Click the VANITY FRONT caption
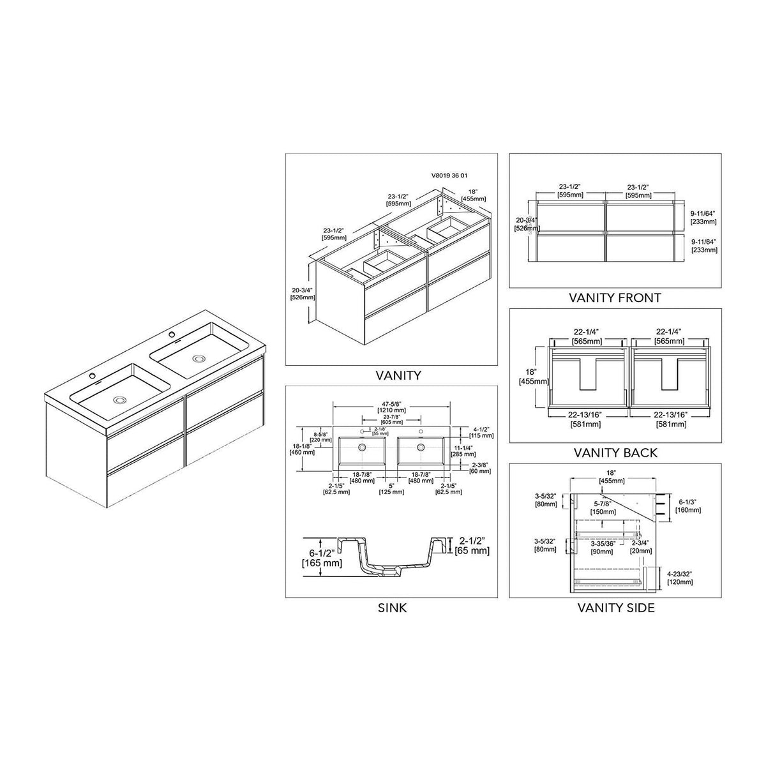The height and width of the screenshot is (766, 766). [x=615, y=297]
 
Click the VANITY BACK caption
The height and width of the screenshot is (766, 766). [x=615, y=453]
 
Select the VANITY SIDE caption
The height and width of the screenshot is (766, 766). [x=616, y=608]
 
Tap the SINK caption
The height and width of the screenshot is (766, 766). [x=391, y=608]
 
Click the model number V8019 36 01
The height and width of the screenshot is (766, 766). [x=450, y=174]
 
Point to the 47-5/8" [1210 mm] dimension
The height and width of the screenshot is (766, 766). [x=391, y=407]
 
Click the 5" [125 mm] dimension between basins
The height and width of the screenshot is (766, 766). [x=392, y=488]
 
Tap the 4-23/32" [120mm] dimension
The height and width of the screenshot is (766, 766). [x=680, y=578]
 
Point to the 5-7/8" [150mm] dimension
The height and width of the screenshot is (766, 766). [x=599, y=507]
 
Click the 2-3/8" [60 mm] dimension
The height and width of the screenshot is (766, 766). [x=479, y=468]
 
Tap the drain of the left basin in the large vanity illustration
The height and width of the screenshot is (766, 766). [x=119, y=400]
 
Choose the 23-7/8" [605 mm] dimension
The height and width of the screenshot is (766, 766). [x=391, y=419]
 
